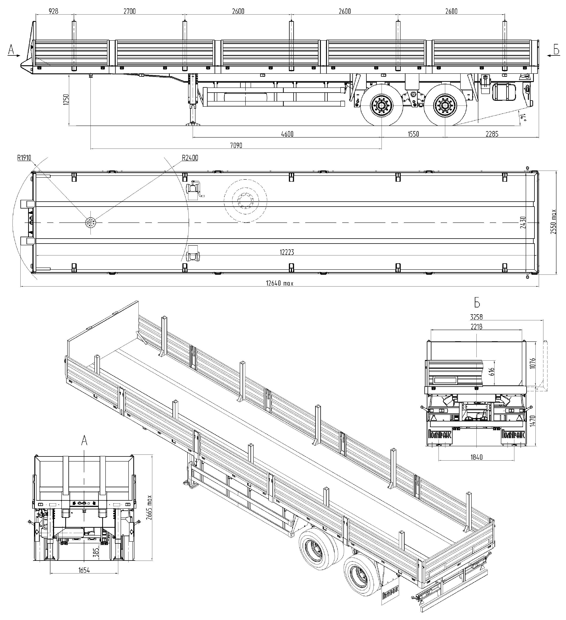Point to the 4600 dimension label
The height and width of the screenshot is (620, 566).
pyautogui.click(x=287, y=134)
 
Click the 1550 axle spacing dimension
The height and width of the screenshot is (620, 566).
pyautogui.click(x=413, y=134)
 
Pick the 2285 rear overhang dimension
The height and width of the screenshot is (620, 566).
pyautogui.click(x=492, y=134)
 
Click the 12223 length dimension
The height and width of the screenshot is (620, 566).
pyautogui.click(x=287, y=252)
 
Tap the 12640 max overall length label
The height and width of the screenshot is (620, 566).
pyautogui.click(x=280, y=283)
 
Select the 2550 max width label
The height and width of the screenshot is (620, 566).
pyautogui.click(x=553, y=222)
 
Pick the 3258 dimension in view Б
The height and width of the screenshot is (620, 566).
pyautogui.click(x=476, y=317)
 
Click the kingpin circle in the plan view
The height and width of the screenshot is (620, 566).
pyautogui.click(x=90, y=222)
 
